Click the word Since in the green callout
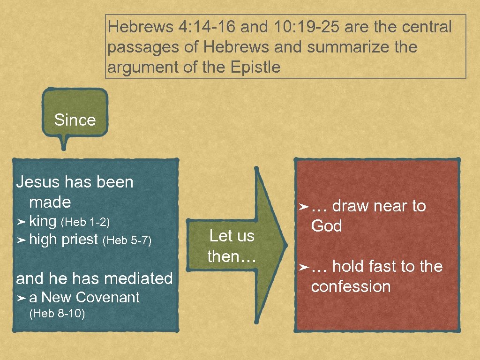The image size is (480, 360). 75,120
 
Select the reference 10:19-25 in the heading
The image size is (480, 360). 307,27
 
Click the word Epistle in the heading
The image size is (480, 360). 255,67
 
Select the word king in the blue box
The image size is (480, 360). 43,220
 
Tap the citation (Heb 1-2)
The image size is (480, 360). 85,221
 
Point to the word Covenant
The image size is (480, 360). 107,297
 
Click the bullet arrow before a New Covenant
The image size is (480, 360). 21,298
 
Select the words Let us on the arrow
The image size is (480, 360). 232,236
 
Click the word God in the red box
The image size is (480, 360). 326,226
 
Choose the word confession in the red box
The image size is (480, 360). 351,286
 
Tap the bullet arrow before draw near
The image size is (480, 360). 303,206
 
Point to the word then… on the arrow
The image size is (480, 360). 231,256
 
